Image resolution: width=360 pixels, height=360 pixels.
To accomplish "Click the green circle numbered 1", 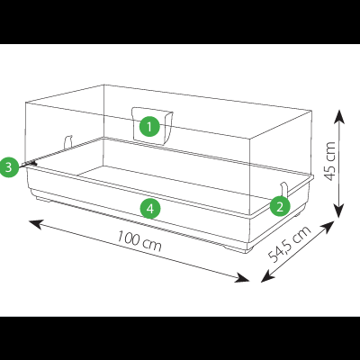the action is (149, 127).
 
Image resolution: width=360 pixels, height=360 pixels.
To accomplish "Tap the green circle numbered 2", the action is (280, 206).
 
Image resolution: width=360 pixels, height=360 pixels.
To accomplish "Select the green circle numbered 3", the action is (9, 166).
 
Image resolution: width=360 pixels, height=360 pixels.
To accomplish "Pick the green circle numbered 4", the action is (150, 209).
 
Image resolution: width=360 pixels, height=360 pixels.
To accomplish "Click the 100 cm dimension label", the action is (139, 240).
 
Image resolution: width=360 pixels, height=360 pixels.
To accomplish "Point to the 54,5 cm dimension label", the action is (289, 244).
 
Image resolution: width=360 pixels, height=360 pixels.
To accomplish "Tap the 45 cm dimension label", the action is (330, 161).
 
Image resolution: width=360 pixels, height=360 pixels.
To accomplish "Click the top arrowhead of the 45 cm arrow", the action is (339, 116).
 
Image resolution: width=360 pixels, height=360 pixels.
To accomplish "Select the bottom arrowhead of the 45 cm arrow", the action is (339, 211).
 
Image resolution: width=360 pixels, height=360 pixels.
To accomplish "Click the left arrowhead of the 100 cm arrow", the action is (35, 223).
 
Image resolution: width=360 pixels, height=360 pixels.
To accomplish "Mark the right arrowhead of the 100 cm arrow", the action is (242, 278).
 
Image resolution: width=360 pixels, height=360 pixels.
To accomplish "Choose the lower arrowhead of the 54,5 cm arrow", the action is (267, 276).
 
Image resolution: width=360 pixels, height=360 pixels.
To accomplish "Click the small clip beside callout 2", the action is (284, 190).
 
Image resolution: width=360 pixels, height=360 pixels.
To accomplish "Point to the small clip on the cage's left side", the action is (68, 142).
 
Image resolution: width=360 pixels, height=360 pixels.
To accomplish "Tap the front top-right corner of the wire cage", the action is (250, 139).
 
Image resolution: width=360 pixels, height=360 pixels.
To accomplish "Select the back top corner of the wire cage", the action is (103, 85).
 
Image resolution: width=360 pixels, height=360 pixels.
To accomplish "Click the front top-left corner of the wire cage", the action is (26, 103).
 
